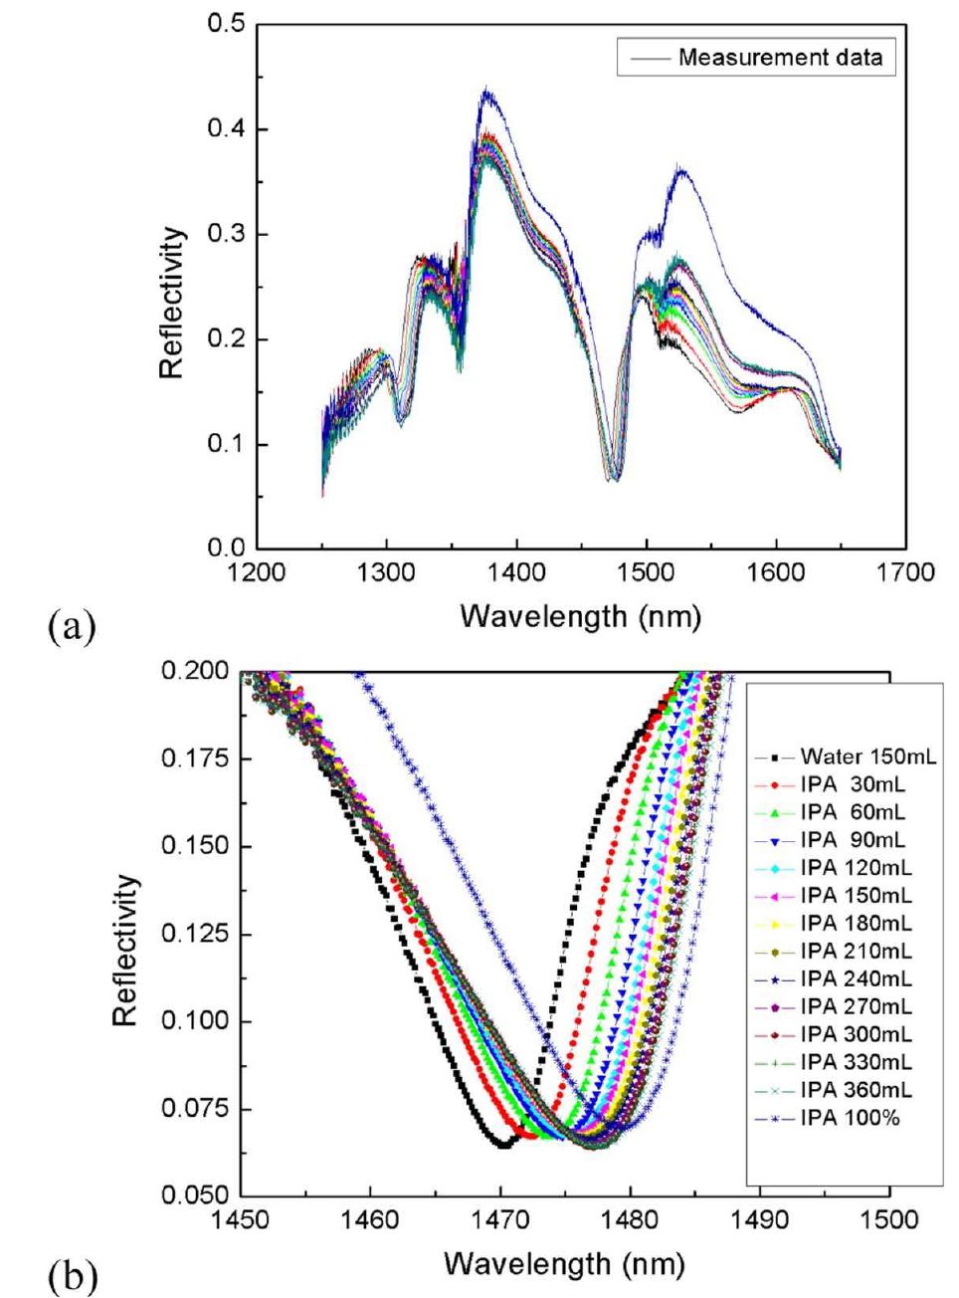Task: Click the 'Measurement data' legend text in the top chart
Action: coord(780,58)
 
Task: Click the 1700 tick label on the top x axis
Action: coord(905,572)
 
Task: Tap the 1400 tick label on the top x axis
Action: coord(516,572)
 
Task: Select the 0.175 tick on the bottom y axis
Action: coord(194,759)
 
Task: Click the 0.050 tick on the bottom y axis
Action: coord(194,1194)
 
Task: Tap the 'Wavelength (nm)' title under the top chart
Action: coord(580,616)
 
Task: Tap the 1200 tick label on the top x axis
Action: coord(257,572)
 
